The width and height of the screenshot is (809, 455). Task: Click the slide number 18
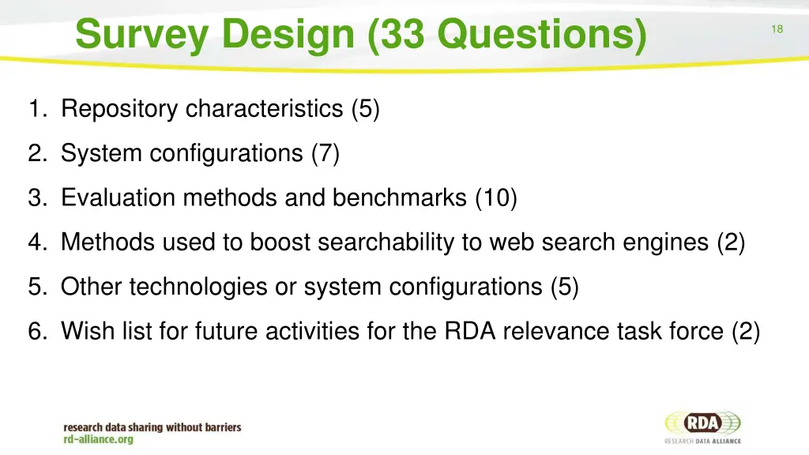(x=777, y=29)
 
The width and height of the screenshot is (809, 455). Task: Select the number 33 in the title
(x=403, y=35)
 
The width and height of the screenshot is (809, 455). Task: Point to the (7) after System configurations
(x=325, y=153)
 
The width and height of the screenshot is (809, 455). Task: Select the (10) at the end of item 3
(x=496, y=197)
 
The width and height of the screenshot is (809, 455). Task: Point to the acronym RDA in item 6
(x=471, y=331)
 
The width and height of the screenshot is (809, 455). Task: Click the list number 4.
(x=36, y=242)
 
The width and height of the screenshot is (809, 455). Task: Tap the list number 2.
(x=36, y=153)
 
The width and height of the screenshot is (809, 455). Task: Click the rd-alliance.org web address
(x=99, y=439)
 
